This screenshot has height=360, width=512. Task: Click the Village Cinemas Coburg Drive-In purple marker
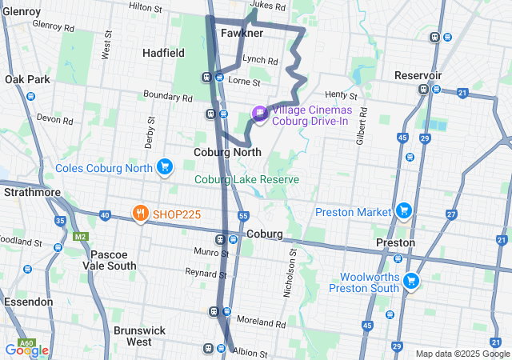click(259, 114)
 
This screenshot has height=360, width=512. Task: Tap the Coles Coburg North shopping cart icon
click(165, 166)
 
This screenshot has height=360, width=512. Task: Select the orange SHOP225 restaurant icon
click(141, 214)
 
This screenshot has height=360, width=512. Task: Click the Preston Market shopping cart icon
click(405, 211)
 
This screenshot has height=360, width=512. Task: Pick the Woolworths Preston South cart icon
click(411, 281)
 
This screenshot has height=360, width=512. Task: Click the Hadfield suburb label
click(163, 53)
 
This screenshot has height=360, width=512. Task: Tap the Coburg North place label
click(228, 152)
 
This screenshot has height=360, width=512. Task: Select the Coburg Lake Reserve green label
click(246, 179)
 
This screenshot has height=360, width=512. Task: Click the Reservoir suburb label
click(418, 74)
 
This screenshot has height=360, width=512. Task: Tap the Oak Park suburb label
click(27, 79)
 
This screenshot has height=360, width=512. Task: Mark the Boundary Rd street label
click(168, 98)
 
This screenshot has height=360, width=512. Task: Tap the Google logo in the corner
click(26, 350)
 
